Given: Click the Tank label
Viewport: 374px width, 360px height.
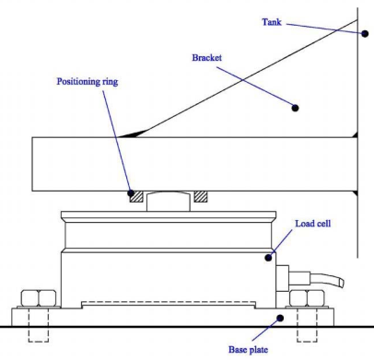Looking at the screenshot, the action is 272,22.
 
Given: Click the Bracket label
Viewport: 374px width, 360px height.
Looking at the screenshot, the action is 206,58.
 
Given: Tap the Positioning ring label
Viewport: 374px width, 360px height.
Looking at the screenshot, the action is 88,82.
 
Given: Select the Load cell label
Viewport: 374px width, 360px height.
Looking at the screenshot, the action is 313,224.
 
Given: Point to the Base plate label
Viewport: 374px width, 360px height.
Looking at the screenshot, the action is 248,350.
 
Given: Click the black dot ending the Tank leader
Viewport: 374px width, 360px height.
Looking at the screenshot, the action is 365,33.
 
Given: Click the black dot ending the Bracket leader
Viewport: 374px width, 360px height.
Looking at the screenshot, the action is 295,108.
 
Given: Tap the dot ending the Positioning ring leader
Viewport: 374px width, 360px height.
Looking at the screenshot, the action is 131,193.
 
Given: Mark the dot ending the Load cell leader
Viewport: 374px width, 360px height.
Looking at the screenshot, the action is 268,258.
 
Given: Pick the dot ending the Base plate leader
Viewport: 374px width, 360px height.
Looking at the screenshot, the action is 280,319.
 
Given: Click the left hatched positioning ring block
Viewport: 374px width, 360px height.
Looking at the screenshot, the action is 136,197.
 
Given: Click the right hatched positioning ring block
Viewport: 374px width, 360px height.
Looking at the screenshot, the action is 201,197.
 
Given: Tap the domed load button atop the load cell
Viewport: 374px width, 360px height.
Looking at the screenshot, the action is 169,202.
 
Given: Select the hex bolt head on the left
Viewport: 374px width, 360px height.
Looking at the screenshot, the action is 39,297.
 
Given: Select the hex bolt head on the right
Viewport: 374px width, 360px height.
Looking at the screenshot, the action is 307,297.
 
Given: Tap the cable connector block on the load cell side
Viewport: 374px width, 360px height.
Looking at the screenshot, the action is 282,278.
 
